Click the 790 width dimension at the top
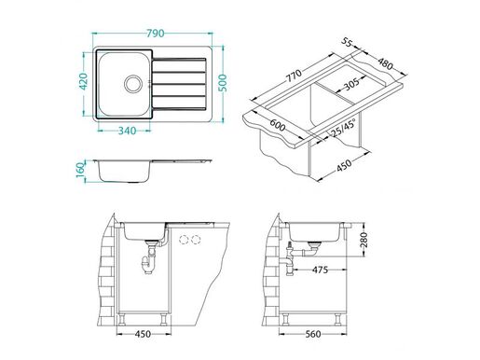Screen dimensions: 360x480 [x=154, y=33]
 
